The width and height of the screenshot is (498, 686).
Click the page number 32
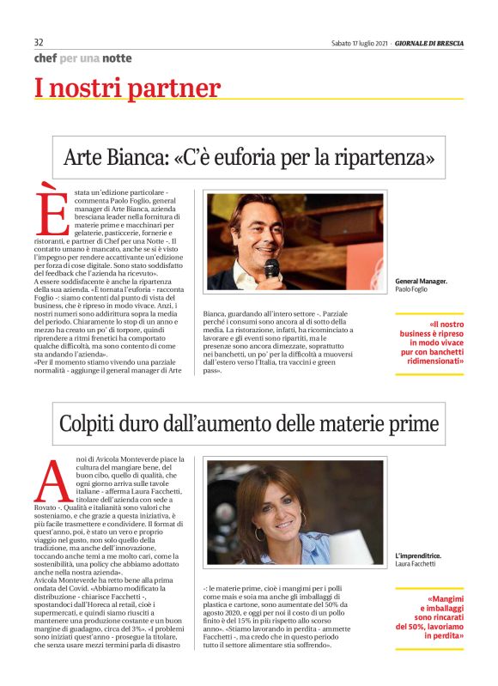[39, 42]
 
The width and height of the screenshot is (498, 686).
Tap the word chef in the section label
[45, 58]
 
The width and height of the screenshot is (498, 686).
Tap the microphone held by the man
[271, 269]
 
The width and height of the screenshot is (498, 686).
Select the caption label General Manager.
[421, 282]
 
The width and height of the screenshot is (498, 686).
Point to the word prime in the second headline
[414, 423]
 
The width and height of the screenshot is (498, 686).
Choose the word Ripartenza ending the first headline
[386, 158]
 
